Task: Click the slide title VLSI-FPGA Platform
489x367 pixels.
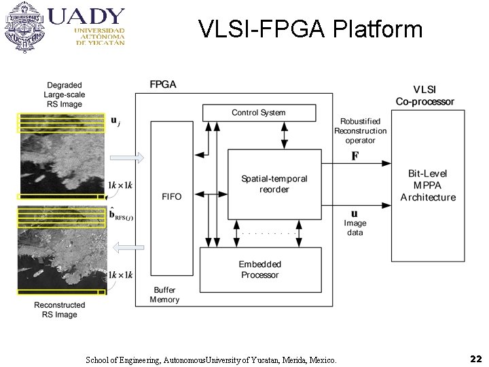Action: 310,29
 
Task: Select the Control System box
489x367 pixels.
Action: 259,113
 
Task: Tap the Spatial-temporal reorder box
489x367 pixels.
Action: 274,183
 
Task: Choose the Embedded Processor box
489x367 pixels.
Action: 259,269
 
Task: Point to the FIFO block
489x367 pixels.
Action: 172,196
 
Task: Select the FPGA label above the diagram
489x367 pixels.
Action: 163,84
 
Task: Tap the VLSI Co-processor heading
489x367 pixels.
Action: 425,95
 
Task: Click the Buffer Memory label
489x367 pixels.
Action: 165,294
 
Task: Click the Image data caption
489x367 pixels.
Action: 355,228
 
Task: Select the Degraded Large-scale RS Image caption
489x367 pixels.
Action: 65,94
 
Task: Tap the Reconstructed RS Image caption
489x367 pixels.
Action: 60,310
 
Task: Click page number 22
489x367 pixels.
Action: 475,357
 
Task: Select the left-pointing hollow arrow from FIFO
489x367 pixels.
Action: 127,247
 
